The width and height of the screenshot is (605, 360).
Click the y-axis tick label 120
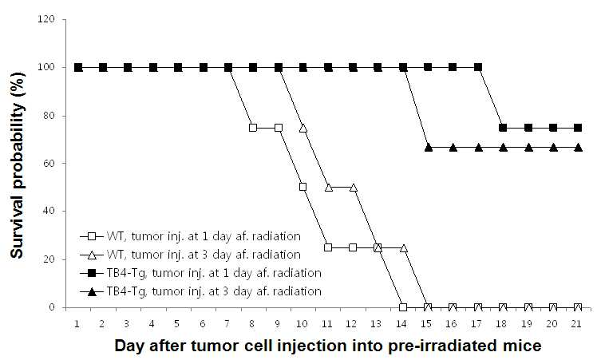point(46,19)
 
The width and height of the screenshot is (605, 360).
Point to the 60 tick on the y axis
point(49,163)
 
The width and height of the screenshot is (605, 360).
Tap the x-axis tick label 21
point(576,324)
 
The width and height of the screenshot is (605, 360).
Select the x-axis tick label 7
point(227,324)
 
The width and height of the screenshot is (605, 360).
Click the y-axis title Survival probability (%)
point(17,165)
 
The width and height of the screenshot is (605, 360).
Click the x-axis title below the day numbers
point(327,346)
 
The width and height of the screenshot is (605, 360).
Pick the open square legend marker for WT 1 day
point(92,236)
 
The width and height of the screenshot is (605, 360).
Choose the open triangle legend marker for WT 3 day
point(92,255)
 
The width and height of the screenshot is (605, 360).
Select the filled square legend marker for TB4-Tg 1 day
point(92,273)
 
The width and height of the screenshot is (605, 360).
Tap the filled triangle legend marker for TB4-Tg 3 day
point(92,291)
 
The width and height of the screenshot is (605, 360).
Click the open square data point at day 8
point(253,128)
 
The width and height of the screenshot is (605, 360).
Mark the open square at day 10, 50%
point(302,187)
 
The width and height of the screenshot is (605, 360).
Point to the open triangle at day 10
point(302,128)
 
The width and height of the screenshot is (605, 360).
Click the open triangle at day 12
point(353,188)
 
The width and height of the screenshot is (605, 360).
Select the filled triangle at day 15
point(428,148)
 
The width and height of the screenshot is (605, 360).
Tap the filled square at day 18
point(503,128)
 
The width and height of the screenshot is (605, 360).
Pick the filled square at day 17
point(477,67)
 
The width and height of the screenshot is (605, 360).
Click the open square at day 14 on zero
point(403,307)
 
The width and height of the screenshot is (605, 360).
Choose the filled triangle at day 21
point(578,148)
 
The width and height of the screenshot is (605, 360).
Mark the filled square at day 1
point(78,68)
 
